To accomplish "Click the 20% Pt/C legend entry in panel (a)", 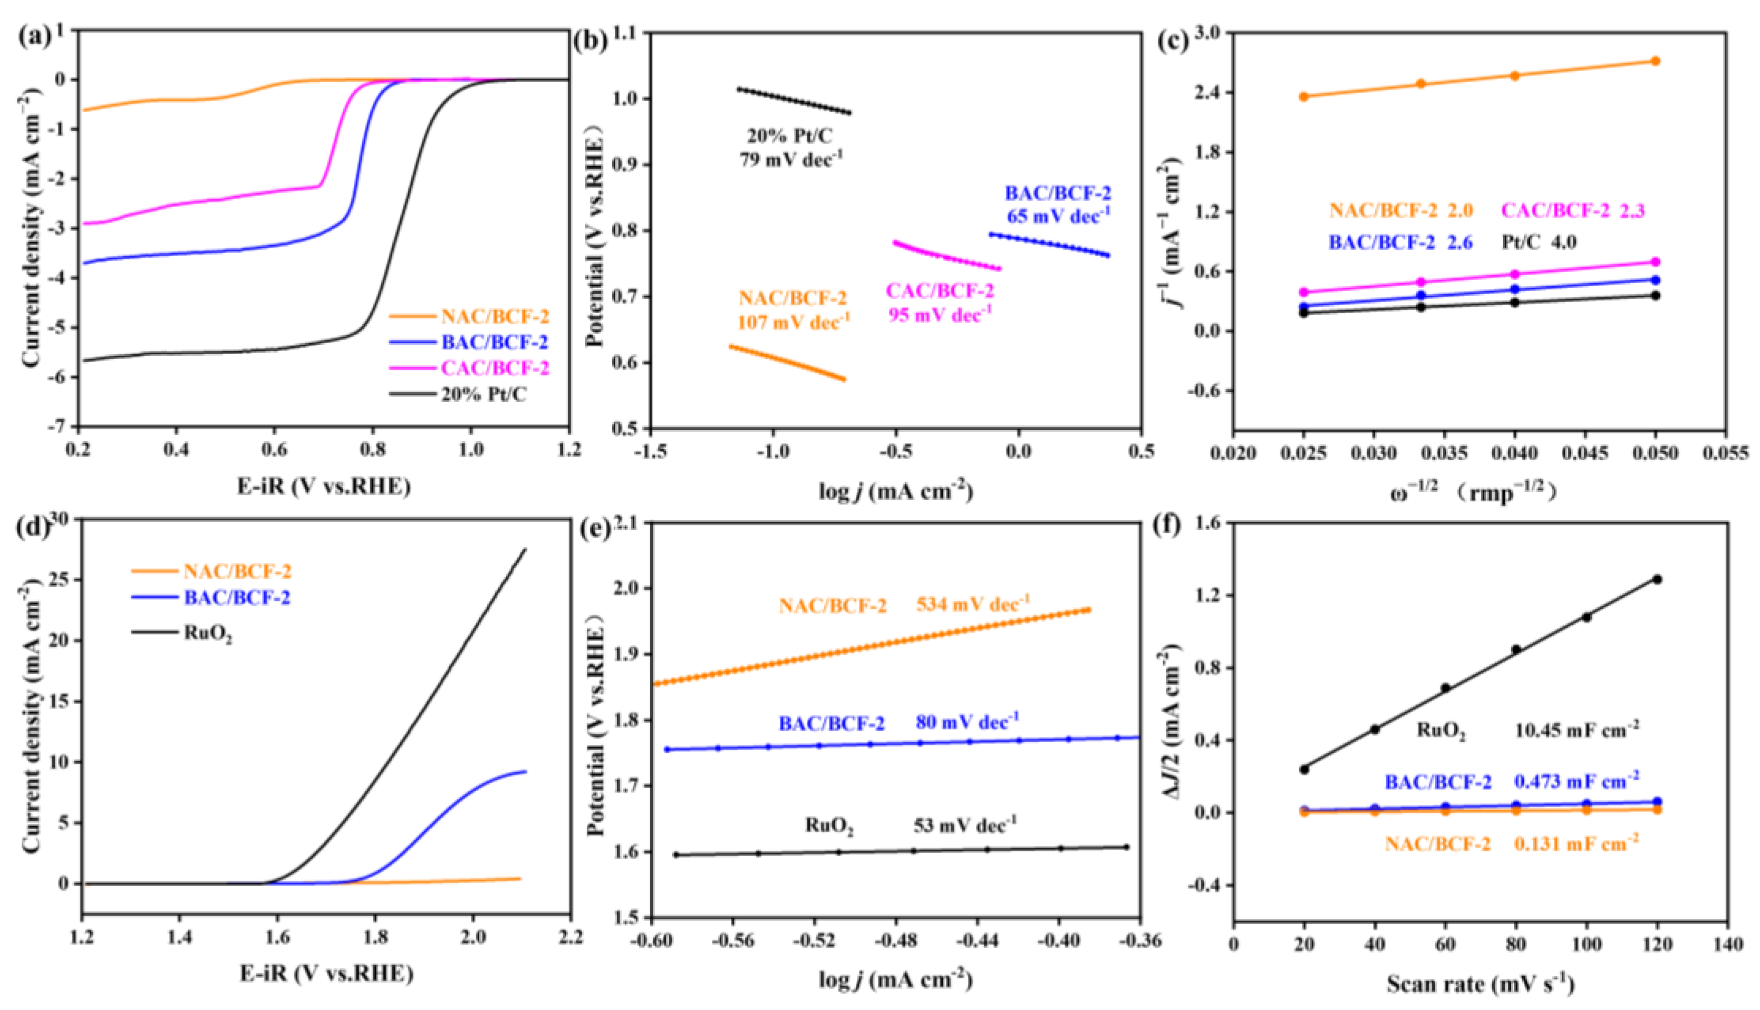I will [x=483, y=395].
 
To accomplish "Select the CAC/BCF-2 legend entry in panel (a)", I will [x=494, y=368].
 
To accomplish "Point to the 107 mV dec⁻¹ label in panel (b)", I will [x=793, y=322].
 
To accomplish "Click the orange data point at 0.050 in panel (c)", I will [x=1655, y=61].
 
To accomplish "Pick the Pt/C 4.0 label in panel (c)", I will [x=1538, y=242].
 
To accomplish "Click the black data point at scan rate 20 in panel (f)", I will [x=1304, y=769].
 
